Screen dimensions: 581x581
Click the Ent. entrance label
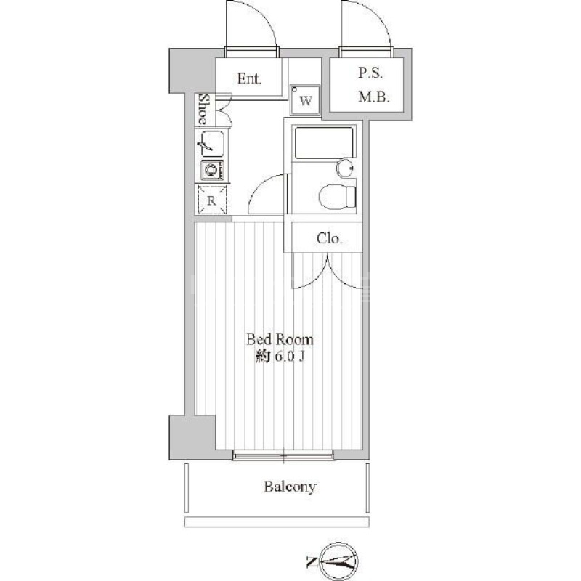point(250,78)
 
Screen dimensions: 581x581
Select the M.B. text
point(375,97)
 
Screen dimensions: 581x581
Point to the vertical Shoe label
point(206,109)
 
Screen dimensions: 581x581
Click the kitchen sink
point(211,142)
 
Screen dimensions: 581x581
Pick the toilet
point(338,195)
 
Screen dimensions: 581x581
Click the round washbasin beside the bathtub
point(345,168)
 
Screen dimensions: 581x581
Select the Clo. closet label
point(328,238)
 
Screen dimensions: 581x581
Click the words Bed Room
point(280,339)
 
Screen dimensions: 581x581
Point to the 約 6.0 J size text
point(279,357)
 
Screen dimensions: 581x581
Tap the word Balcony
point(290,487)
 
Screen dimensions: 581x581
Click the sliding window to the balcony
point(284,455)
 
